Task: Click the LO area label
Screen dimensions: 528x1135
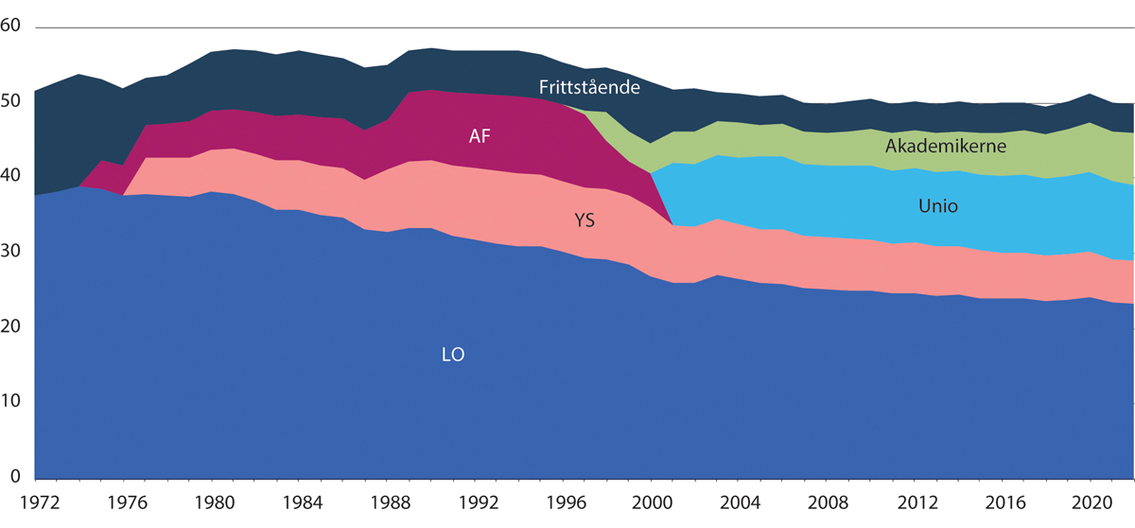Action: coord(453,356)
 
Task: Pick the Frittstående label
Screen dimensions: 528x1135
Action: coord(590,87)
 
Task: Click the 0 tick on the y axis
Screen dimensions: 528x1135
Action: coord(15,476)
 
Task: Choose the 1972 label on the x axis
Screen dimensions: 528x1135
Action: coord(35,496)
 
